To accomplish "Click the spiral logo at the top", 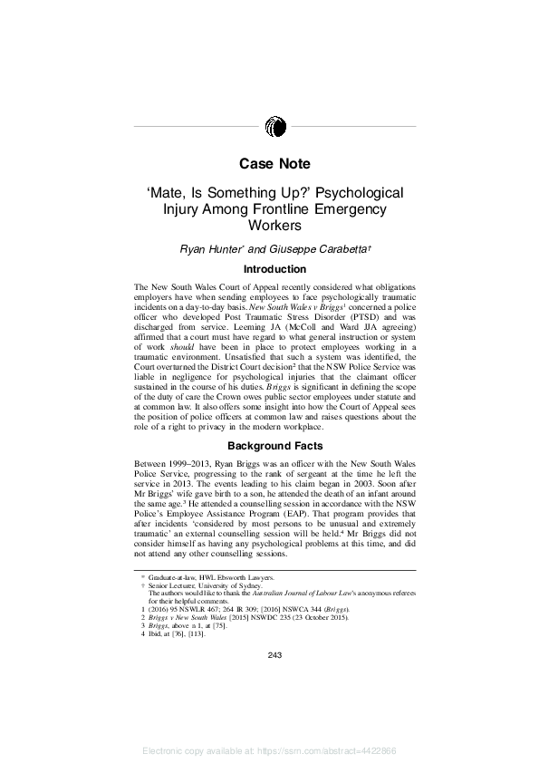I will point(275,127).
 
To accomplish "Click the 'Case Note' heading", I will point(274,164).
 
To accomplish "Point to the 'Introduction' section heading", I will point(274,269).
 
